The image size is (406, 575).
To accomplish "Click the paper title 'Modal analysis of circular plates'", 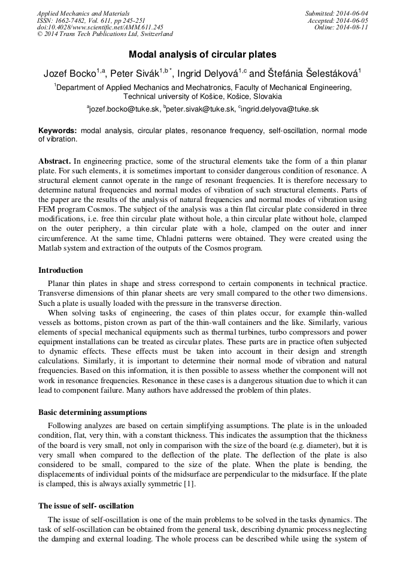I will [202, 54].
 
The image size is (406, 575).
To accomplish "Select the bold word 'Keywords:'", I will [57, 130].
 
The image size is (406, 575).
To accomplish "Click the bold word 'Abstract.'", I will [55, 162].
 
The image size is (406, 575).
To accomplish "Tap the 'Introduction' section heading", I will [60, 270].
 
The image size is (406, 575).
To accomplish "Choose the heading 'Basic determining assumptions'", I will [92, 413].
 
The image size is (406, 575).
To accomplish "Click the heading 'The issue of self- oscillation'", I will [86, 505].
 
